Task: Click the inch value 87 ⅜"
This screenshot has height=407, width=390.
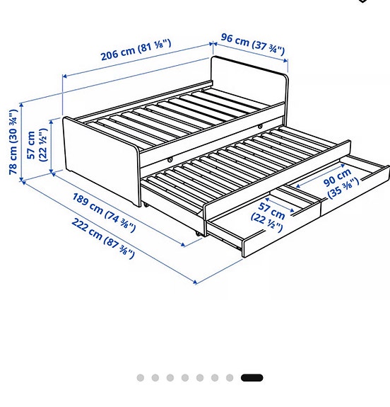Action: (121, 248)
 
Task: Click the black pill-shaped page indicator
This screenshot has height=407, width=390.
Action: (252, 378)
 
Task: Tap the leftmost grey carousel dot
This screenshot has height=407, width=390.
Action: (141, 378)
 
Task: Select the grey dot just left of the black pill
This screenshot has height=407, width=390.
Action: (230, 378)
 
